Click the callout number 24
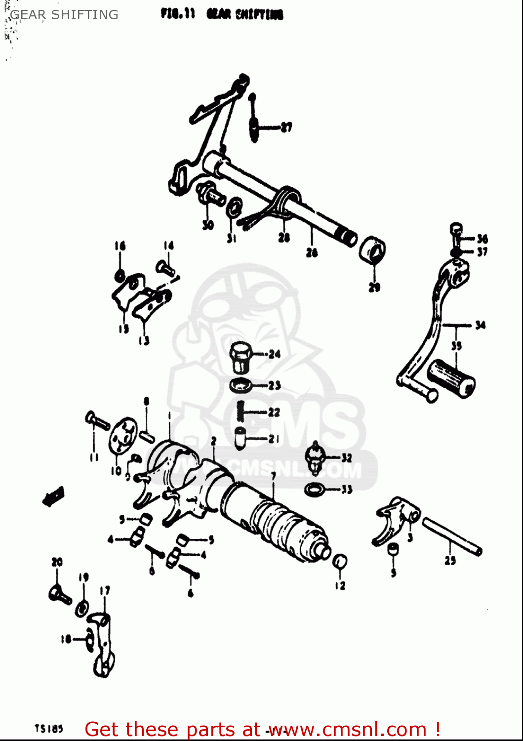[274, 354]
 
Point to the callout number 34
[480, 325]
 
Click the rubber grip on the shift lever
[450, 378]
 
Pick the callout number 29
[374, 287]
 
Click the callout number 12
[340, 586]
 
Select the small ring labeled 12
[340, 562]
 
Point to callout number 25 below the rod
[450, 560]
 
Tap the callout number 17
[105, 590]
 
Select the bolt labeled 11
[98, 421]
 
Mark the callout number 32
[347, 458]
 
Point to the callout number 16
[120, 246]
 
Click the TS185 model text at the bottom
[48, 729]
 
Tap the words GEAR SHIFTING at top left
[64, 15]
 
